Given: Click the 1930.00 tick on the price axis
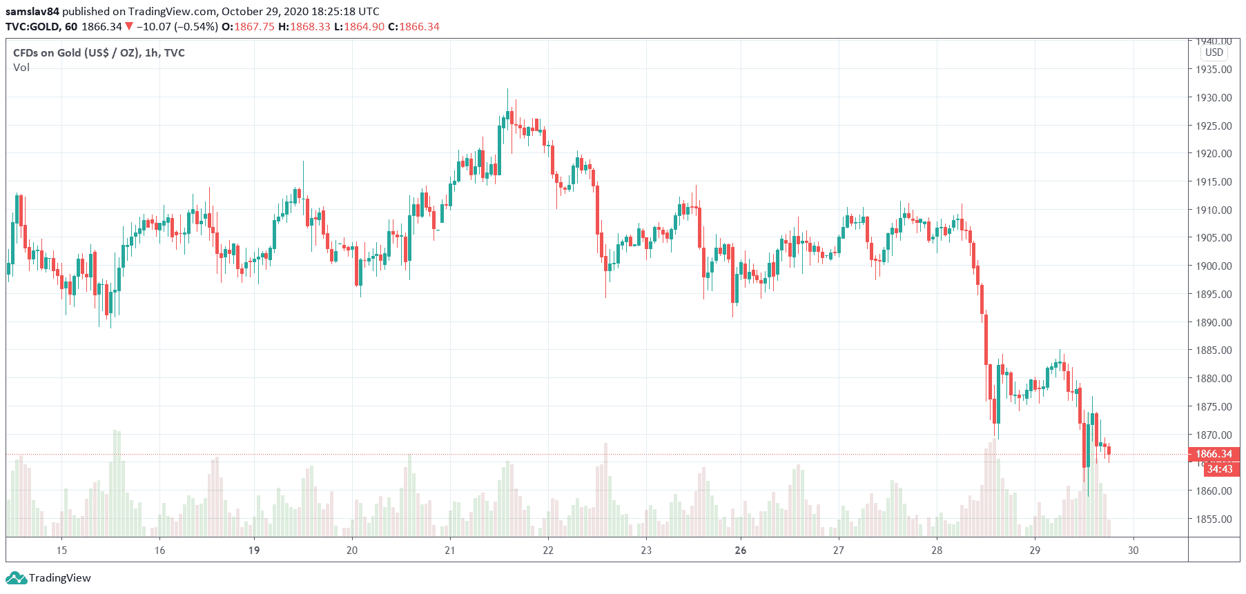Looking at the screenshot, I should [1214, 97].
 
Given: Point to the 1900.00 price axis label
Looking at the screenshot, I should [1214, 266].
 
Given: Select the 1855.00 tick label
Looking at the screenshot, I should [1214, 519].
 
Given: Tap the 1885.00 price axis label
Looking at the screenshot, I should [1214, 350].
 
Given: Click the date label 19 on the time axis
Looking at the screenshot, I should [254, 550].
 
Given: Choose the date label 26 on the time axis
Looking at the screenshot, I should [741, 550].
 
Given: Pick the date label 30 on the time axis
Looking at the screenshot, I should [1133, 550].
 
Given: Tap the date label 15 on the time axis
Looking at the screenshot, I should [61, 550].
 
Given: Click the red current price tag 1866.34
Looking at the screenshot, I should [1214, 454].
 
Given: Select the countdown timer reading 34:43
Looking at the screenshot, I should [1220, 469].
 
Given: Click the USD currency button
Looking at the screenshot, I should [1214, 52].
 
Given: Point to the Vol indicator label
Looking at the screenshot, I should [21, 68].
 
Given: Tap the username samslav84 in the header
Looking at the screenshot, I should [32, 11].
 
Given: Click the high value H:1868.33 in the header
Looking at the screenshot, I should [304, 26].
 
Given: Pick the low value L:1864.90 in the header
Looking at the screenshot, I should [359, 26].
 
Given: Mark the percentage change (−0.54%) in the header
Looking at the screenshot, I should [195, 26].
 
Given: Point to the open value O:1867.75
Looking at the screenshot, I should [247, 26].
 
